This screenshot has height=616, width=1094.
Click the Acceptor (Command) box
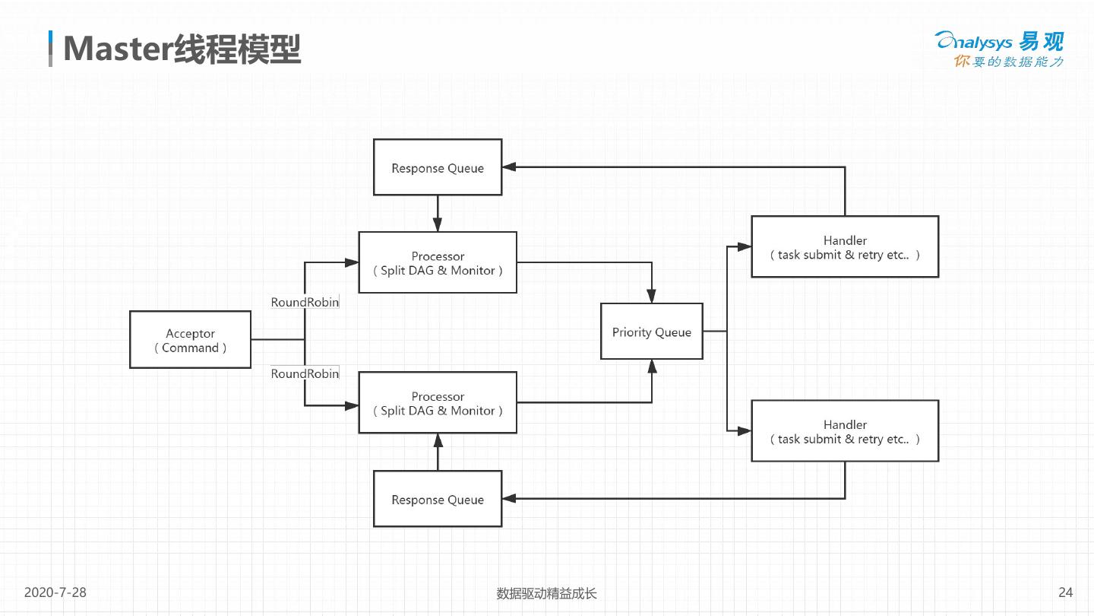[x=190, y=340]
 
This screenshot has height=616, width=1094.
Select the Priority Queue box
[x=651, y=332]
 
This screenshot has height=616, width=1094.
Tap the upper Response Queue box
[x=438, y=167]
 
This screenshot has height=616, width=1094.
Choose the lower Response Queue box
[x=438, y=499]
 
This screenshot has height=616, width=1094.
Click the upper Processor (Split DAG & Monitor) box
[x=438, y=262]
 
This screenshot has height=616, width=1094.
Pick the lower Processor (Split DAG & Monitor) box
[x=438, y=402]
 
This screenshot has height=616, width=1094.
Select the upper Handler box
[x=845, y=247]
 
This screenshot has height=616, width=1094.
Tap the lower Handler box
[x=845, y=431]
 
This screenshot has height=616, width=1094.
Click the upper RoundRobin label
[x=305, y=302]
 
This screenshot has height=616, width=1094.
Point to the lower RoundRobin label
[x=305, y=373]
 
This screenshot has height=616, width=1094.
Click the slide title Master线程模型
[x=182, y=49]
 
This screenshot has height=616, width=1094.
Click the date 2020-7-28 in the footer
[x=55, y=592]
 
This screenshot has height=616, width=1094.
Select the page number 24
[x=1065, y=592]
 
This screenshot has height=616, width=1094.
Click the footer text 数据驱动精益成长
[x=546, y=593]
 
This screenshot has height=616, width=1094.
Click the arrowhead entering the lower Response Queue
[x=508, y=499]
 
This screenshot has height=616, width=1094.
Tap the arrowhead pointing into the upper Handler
[x=745, y=246]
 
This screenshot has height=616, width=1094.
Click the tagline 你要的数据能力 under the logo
[x=1009, y=62]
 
